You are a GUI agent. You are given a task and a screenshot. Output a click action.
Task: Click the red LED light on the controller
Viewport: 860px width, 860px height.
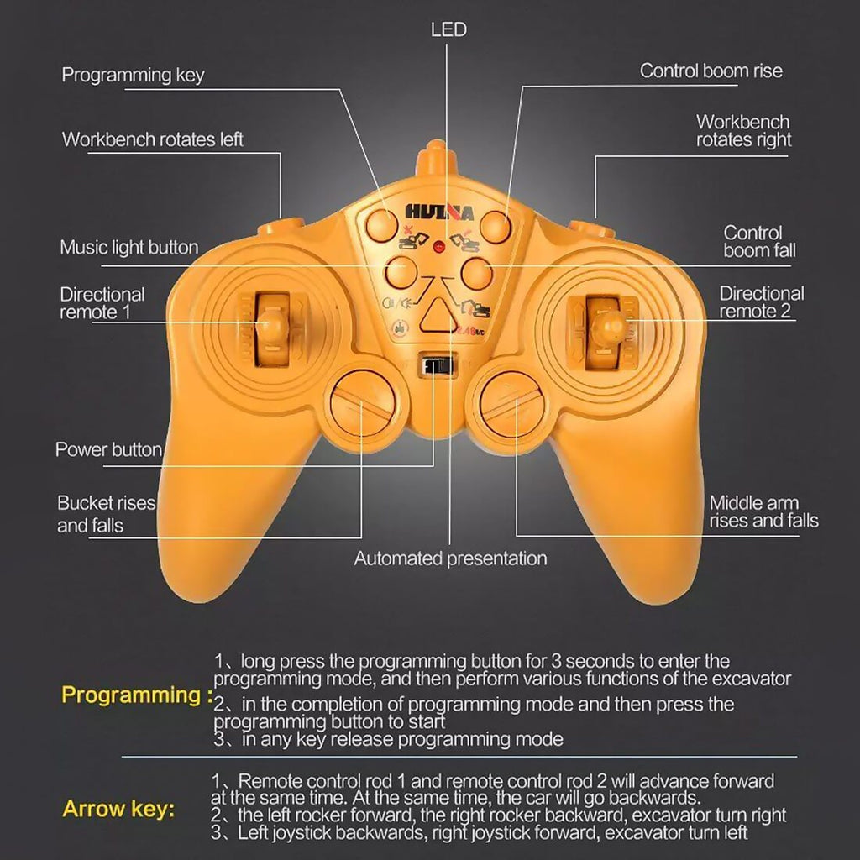(438, 247)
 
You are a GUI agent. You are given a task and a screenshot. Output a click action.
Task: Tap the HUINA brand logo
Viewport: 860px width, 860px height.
(439, 212)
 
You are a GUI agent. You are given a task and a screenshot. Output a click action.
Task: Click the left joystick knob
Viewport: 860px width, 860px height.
(271, 325)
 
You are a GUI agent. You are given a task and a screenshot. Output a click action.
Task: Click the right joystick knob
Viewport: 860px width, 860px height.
(606, 327)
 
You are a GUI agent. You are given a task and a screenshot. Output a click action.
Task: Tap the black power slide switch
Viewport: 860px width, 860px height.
(437, 365)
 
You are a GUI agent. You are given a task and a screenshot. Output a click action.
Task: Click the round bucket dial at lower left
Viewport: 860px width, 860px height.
(363, 403)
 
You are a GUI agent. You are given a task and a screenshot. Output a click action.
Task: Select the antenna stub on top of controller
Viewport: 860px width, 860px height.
(436, 158)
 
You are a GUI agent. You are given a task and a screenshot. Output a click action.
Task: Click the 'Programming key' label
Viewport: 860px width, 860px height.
(134, 75)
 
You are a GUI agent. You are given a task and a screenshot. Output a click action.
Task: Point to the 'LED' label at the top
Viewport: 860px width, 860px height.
(448, 29)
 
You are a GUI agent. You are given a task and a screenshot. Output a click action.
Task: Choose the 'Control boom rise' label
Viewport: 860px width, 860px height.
(711, 71)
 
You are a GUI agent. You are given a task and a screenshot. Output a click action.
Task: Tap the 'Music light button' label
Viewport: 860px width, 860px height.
(129, 248)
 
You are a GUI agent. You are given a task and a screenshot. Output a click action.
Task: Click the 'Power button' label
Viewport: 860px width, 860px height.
(108, 450)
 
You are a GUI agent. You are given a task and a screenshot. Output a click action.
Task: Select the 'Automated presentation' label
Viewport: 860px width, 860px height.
(450, 558)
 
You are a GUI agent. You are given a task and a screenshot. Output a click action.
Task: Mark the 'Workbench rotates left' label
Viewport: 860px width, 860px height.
(153, 139)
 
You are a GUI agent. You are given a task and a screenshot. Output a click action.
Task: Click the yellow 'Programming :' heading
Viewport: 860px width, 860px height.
(137, 695)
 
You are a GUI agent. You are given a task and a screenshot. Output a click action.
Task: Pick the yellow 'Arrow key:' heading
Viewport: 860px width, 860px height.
(118, 809)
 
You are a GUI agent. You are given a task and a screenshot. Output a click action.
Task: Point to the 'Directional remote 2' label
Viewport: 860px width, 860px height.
(761, 302)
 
